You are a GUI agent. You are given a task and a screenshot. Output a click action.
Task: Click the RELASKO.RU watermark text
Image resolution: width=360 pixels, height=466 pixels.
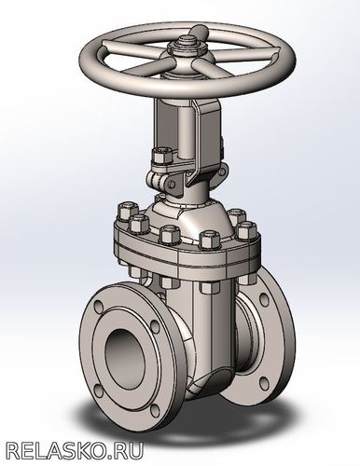click(x=75, y=450)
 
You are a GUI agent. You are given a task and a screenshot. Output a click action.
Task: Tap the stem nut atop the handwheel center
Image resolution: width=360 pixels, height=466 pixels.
click(x=187, y=44)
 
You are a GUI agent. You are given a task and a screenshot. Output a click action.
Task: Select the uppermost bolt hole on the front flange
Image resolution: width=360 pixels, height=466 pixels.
click(x=99, y=306)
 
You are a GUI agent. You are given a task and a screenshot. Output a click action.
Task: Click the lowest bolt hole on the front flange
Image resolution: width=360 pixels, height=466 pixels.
click(x=155, y=410)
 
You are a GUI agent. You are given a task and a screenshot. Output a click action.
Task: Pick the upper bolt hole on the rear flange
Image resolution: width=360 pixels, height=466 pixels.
click(x=264, y=298)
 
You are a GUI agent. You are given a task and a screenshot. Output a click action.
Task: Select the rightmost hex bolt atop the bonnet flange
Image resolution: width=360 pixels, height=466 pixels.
click(x=247, y=230)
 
